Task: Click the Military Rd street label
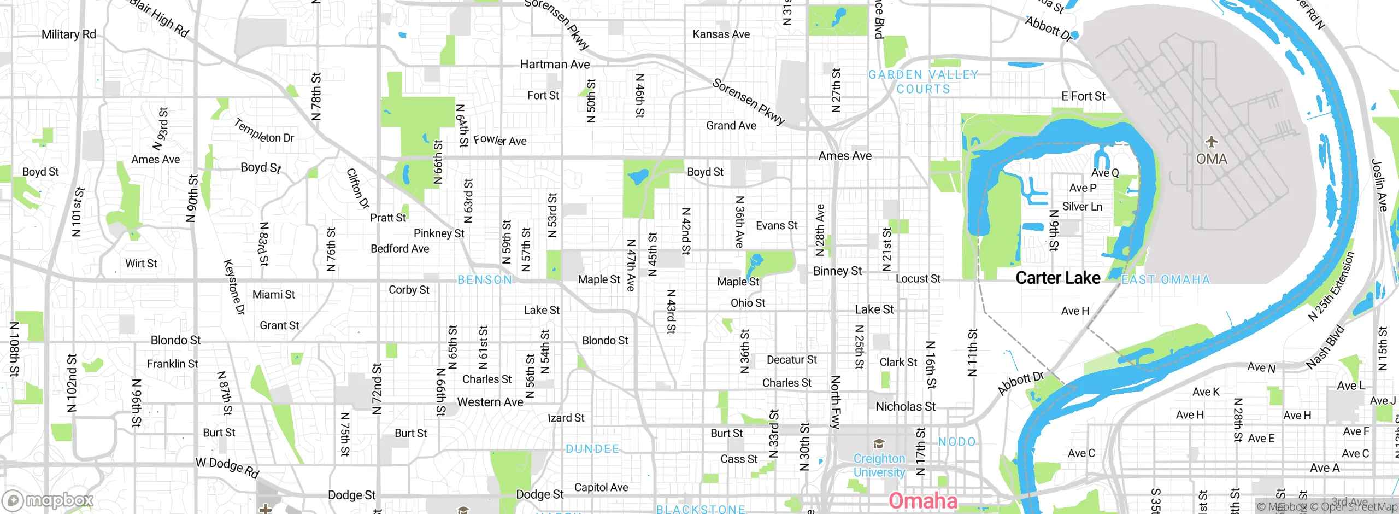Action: (x=69, y=34)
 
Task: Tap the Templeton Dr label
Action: (x=264, y=132)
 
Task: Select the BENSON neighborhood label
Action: (x=485, y=280)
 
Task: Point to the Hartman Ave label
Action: (x=555, y=65)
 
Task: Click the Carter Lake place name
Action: (x=1057, y=278)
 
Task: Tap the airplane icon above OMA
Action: (x=1212, y=142)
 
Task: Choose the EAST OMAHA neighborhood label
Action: (x=1166, y=279)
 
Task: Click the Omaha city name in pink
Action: (x=922, y=500)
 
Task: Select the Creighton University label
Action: (x=879, y=465)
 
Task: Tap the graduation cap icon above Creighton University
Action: (x=879, y=443)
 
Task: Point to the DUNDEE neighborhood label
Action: (x=592, y=449)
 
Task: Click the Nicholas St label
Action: (x=906, y=406)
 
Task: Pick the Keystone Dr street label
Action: (x=234, y=287)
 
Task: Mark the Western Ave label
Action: (x=490, y=402)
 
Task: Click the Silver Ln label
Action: (x=1082, y=207)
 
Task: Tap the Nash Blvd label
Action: (x=1325, y=347)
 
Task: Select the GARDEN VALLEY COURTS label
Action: (x=924, y=82)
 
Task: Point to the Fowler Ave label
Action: (x=500, y=141)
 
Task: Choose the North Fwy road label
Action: (x=835, y=402)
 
